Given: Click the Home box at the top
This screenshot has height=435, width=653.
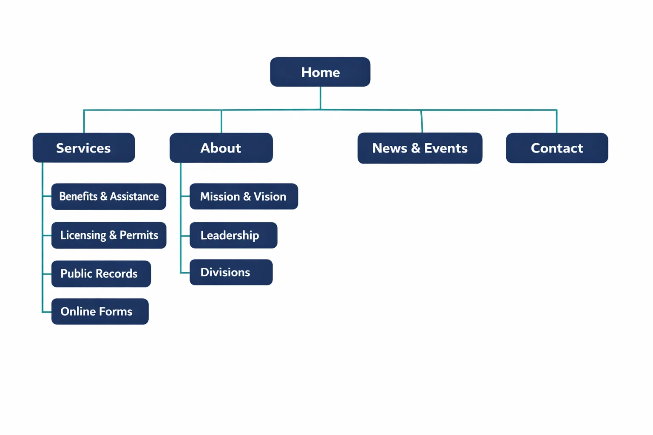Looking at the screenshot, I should coord(320,72).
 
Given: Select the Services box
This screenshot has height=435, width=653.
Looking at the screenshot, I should coord(84,148).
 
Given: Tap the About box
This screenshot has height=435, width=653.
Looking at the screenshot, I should coord(221,148).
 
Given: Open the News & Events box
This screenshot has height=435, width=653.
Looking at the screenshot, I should coord(420,148).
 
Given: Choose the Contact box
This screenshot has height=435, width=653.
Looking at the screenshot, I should coord(557,148).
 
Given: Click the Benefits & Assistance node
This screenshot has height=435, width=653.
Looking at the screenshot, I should coord(109,197).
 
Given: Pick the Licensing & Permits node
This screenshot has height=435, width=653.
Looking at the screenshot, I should coord(109,235).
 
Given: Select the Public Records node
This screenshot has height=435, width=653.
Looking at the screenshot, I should coord(101,274).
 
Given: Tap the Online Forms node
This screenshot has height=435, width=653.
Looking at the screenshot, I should coord(100,311).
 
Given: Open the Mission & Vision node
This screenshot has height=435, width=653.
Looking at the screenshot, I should coord(244,196).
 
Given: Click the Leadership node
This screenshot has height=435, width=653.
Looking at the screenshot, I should coord(233,235).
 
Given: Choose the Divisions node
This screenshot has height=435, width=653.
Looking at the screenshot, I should coord(231,272).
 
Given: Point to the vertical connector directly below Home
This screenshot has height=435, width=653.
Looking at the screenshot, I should coord(320,98).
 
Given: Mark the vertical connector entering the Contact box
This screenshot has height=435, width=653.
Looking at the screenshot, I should coord(556,121).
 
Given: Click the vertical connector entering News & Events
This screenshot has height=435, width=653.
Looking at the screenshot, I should coord(422,122).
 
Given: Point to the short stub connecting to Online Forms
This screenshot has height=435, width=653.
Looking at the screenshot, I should coord(47,312).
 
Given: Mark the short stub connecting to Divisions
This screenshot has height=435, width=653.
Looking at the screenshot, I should coord(185,273).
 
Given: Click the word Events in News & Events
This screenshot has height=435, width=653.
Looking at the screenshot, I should coord(446,148).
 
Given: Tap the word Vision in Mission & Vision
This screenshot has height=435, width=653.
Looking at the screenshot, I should coord(270,196).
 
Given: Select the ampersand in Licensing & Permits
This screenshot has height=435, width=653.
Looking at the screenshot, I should coord(113,235).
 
